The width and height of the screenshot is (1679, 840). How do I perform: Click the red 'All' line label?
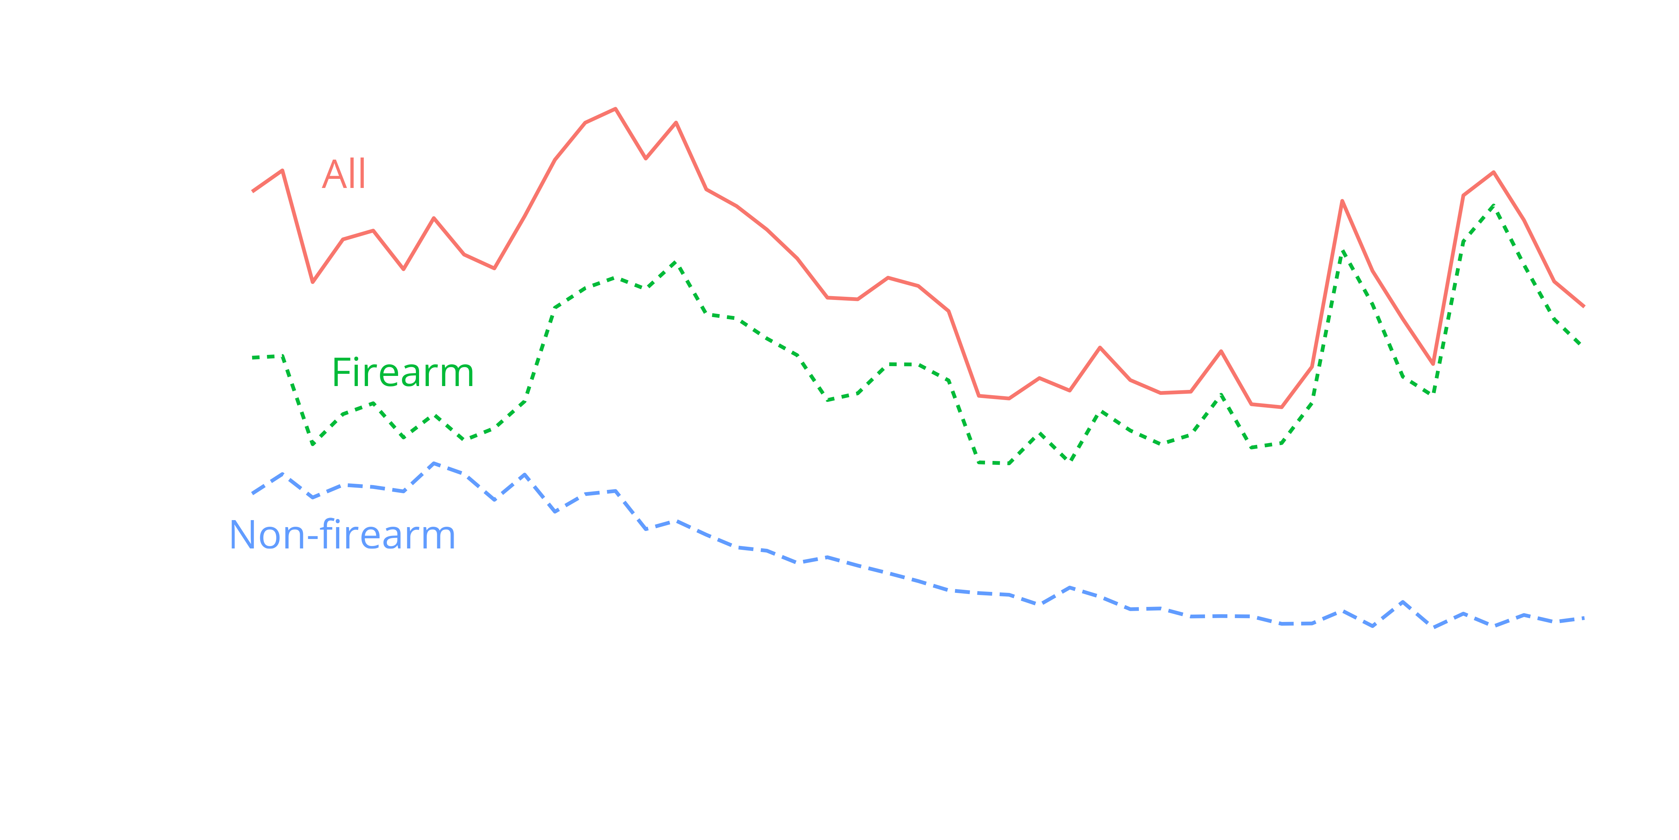tap(343, 174)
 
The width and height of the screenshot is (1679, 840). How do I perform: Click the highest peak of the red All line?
tap(615, 109)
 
